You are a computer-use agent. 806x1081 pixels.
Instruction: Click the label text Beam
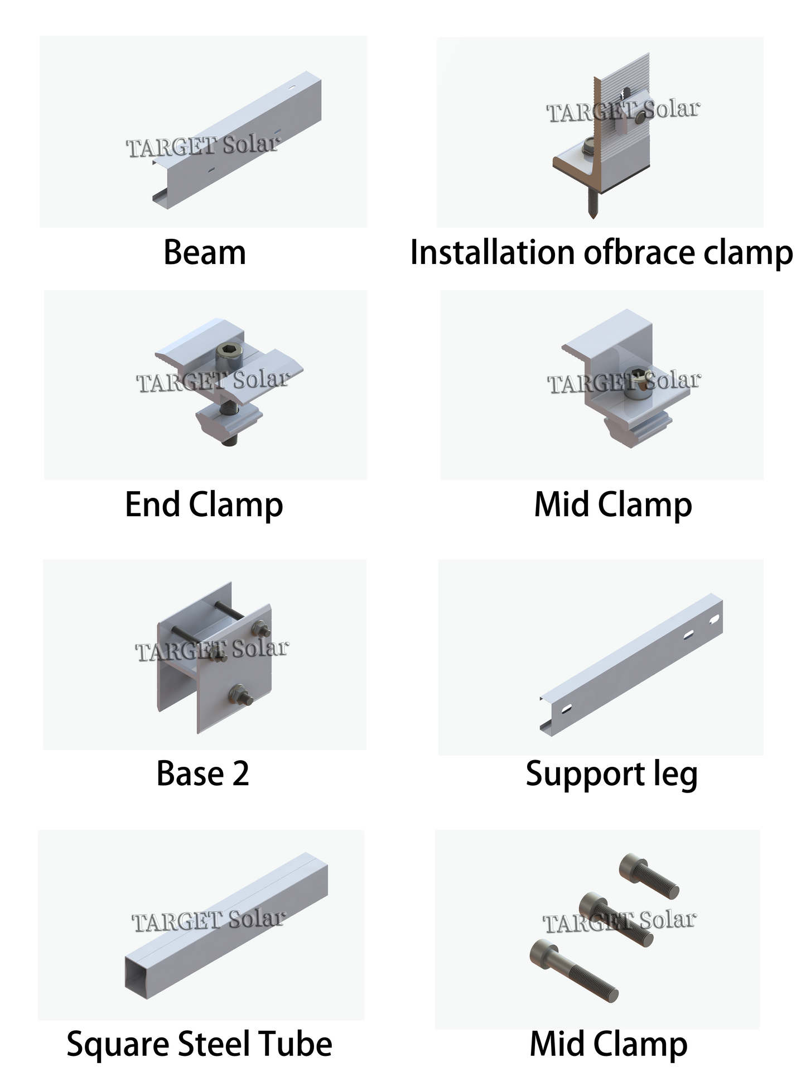(x=204, y=253)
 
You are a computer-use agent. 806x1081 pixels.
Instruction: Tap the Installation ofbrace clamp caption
(x=601, y=253)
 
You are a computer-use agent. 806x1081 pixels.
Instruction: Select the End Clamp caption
(x=204, y=506)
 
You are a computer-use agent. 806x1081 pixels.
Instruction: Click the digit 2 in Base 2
(x=240, y=774)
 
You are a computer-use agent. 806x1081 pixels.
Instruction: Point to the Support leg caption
(x=611, y=775)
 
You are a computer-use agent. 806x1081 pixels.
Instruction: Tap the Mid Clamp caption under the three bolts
(x=608, y=1044)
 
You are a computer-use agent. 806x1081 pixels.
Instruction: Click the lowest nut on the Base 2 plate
(x=240, y=696)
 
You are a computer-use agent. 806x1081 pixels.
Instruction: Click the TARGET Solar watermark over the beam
(x=202, y=146)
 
